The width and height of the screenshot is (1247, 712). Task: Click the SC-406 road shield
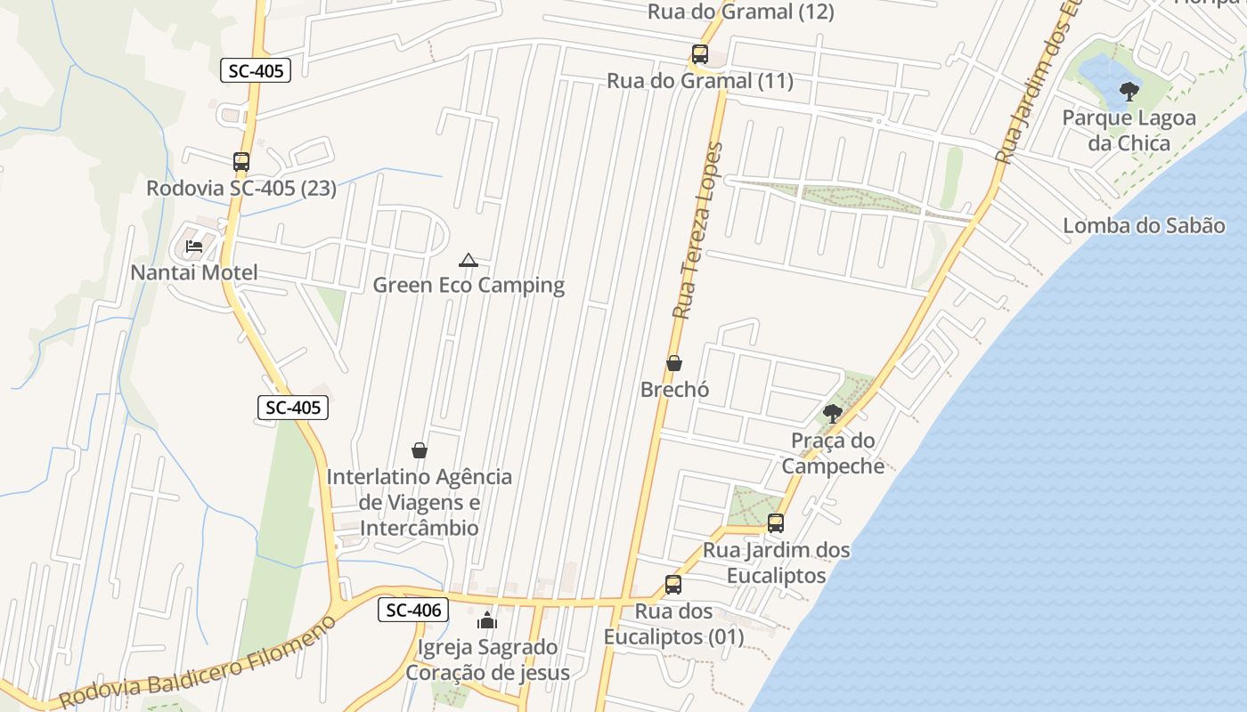click(x=412, y=610)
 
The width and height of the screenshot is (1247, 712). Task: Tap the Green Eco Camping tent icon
click(x=468, y=260)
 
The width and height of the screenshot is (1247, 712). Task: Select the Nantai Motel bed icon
click(x=194, y=247)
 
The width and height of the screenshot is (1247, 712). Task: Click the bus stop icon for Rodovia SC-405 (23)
click(x=241, y=162)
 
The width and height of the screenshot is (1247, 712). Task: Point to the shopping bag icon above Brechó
click(x=674, y=363)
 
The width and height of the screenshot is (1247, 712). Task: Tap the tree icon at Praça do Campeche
click(x=833, y=413)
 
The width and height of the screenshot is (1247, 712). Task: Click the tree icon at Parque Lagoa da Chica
click(x=1129, y=91)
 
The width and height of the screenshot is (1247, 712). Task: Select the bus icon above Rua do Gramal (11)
click(x=700, y=54)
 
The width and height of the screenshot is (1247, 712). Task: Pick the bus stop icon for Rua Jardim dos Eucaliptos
click(x=776, y=523)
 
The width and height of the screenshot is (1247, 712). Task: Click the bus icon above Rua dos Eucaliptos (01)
click(x=673, y=585)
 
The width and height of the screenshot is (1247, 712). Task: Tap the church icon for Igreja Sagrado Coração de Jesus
click(x=487, y=620)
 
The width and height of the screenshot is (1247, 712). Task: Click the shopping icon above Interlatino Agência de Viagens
click(x=420, y=450)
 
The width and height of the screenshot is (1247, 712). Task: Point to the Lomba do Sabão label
click(x=1144, y=225)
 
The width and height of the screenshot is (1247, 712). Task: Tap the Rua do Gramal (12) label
click(x=740, y=12)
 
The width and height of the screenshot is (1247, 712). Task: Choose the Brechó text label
click(x=674, y=390)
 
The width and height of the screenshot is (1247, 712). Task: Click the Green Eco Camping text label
click(x=469, y=286)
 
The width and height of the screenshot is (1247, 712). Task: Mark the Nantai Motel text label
click(x=194, y=272)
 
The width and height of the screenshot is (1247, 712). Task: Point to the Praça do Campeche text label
click(x=833, y=453)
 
